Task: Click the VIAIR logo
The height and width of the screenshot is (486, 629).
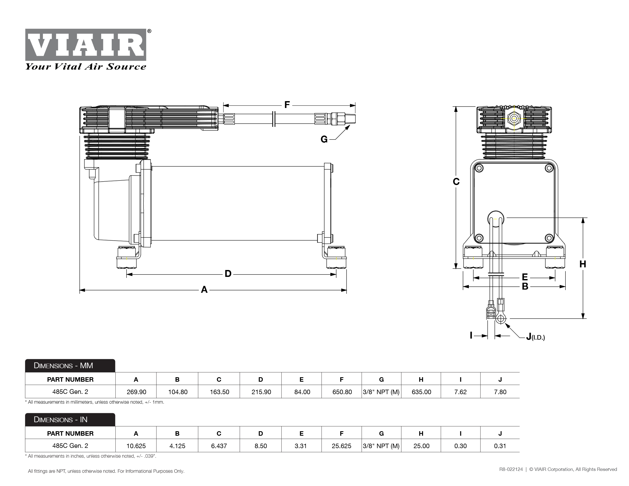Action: tap(86, 45)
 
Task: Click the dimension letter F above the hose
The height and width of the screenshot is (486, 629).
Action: tap(287, 105)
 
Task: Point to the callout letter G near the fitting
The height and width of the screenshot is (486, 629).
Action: tap(324, 139)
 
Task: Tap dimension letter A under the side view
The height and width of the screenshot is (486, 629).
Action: tap(204, 289)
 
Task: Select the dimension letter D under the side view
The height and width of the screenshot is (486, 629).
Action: tap(228, 273)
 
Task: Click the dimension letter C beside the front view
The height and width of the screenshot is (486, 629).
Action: tap(456, 182)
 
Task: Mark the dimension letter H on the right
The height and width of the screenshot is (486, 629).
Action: tap(583, 264)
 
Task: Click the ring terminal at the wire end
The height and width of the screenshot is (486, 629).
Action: tap(501, 319)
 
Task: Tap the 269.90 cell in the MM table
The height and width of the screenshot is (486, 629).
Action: tap(136, 392)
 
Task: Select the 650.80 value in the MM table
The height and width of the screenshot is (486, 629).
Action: tap(342, 392)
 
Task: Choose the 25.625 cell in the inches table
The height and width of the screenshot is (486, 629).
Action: tap(341, 446)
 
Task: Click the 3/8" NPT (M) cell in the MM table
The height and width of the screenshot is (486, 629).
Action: tap(381, 392)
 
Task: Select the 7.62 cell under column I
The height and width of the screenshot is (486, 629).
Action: tap(460, 392)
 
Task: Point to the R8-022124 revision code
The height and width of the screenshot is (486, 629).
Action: tap(511, 469)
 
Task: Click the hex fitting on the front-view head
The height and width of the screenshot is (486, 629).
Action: tap(514, 118)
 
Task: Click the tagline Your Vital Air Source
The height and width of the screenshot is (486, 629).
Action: tap(86, 67)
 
